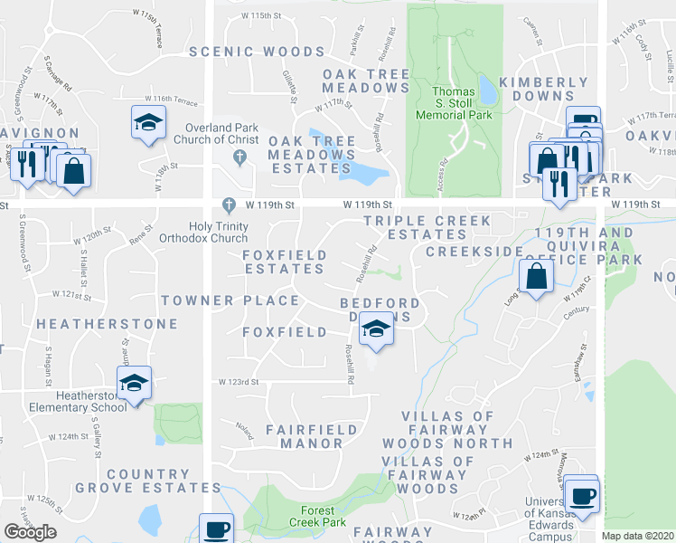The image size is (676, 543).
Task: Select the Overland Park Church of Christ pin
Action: [x=240, y=157]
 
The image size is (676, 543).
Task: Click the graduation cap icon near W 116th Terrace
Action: [x=148, y=123]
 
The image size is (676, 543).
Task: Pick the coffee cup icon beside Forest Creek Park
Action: [x=217, y=529]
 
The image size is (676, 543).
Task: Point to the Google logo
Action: [x=31, y=532]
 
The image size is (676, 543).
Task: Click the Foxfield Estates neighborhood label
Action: [x=285, y=262]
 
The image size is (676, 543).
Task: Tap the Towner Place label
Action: [x=230, y=300]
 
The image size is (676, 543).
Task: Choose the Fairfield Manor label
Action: [x=305, y=434]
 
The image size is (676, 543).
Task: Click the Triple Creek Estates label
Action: [x=427, y=227]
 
